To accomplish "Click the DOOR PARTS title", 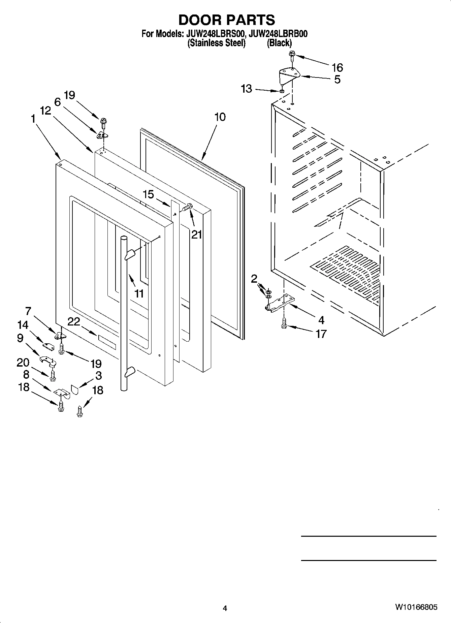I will [226, 20].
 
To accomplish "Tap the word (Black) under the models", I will [279, 43].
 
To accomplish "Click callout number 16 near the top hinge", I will [337, 68].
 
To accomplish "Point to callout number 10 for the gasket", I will [220, 117].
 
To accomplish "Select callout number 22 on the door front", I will [74, 322].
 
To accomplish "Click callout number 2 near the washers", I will [254, 278].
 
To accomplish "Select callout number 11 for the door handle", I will [139, 293].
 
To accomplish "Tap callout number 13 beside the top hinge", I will [247, 89].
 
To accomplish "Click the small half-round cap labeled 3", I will [74, 390].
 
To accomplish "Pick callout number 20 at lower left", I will [23, 363].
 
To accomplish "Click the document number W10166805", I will [416, 607].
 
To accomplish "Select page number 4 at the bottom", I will [225, 608].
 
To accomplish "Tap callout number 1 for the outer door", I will [33, 119].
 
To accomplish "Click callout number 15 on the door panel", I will [148, 194].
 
